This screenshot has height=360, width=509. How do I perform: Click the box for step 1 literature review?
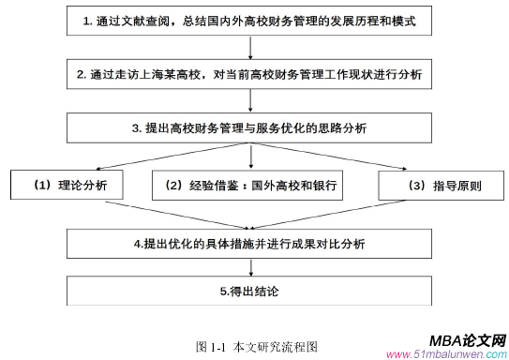click(x=252, y=20)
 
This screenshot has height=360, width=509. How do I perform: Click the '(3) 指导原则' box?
click(x=432, y=185)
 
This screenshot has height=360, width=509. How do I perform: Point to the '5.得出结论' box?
click(x=252, y=292)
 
